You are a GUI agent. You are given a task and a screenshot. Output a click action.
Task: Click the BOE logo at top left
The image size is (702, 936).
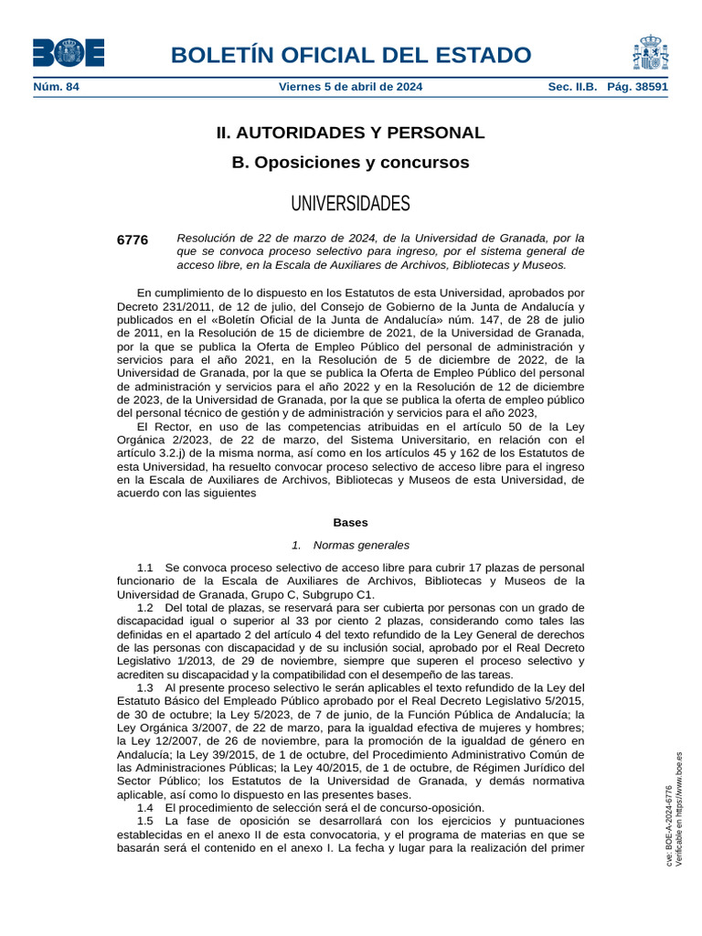coord(69,53)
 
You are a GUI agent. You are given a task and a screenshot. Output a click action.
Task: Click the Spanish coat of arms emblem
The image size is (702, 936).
coord(650,53)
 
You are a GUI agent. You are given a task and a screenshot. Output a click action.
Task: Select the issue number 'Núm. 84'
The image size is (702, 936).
coord(57,87)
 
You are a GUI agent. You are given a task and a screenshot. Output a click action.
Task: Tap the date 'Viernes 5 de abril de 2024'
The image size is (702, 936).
coord(350,87)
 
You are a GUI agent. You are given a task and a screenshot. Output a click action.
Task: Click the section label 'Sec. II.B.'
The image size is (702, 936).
coord(572,87)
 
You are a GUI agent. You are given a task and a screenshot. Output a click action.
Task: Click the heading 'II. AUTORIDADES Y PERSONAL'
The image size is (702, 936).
coord(350,133)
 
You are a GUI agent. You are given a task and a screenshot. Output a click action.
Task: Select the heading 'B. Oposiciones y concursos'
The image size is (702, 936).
coord(350,163)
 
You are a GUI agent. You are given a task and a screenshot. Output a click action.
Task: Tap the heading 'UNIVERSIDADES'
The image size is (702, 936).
coord(350,203)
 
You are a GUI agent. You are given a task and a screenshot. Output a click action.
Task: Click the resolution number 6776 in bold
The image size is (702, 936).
coord(133,239)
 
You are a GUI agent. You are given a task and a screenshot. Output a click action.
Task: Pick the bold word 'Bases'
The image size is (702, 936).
coord(350,523)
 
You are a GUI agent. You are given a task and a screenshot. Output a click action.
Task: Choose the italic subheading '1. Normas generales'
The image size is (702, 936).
coord(350,545)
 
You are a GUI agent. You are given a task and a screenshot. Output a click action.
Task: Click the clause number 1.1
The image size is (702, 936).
coord(145,568)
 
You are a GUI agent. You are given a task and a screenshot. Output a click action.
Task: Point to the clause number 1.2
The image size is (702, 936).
coord(145,608)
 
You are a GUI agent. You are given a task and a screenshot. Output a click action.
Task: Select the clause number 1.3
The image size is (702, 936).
coord(145,687)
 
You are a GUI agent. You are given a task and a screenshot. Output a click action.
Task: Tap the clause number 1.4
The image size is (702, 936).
coord(145,808)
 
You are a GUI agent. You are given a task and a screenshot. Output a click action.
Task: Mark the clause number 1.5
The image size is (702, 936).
coord(145,821)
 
